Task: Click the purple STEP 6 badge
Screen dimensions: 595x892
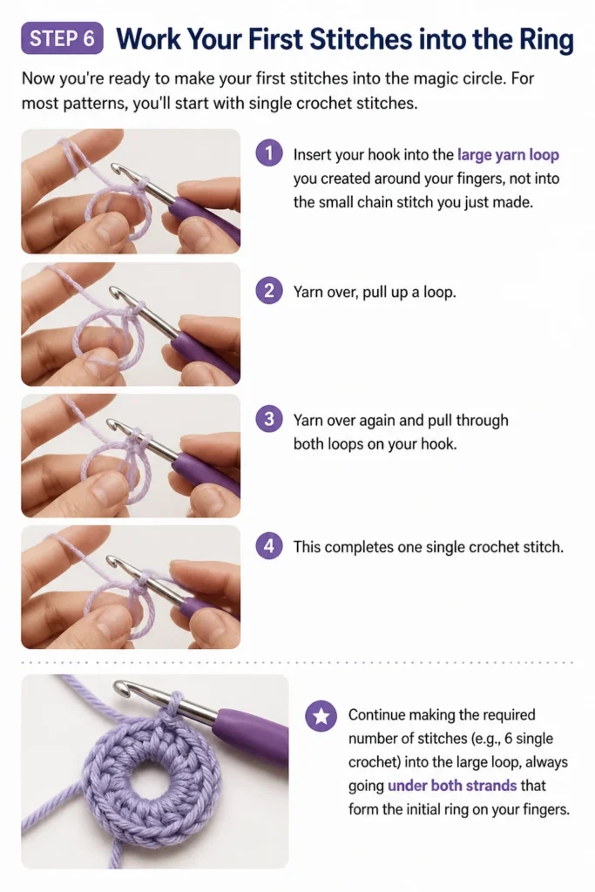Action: (62, 38)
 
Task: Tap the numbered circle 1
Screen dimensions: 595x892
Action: (269, 153)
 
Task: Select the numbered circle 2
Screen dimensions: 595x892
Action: (269, 291)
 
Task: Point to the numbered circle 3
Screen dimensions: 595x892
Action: (269, 419)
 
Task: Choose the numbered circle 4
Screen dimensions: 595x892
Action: (269, 546)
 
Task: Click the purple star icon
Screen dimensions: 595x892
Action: (321, 716)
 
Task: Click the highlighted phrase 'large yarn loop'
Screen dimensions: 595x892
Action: (508, 155)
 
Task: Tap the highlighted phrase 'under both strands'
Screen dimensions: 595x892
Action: (452, 786)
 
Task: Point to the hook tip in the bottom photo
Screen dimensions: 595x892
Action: (120, 687)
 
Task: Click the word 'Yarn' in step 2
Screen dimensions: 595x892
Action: (308, 293)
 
